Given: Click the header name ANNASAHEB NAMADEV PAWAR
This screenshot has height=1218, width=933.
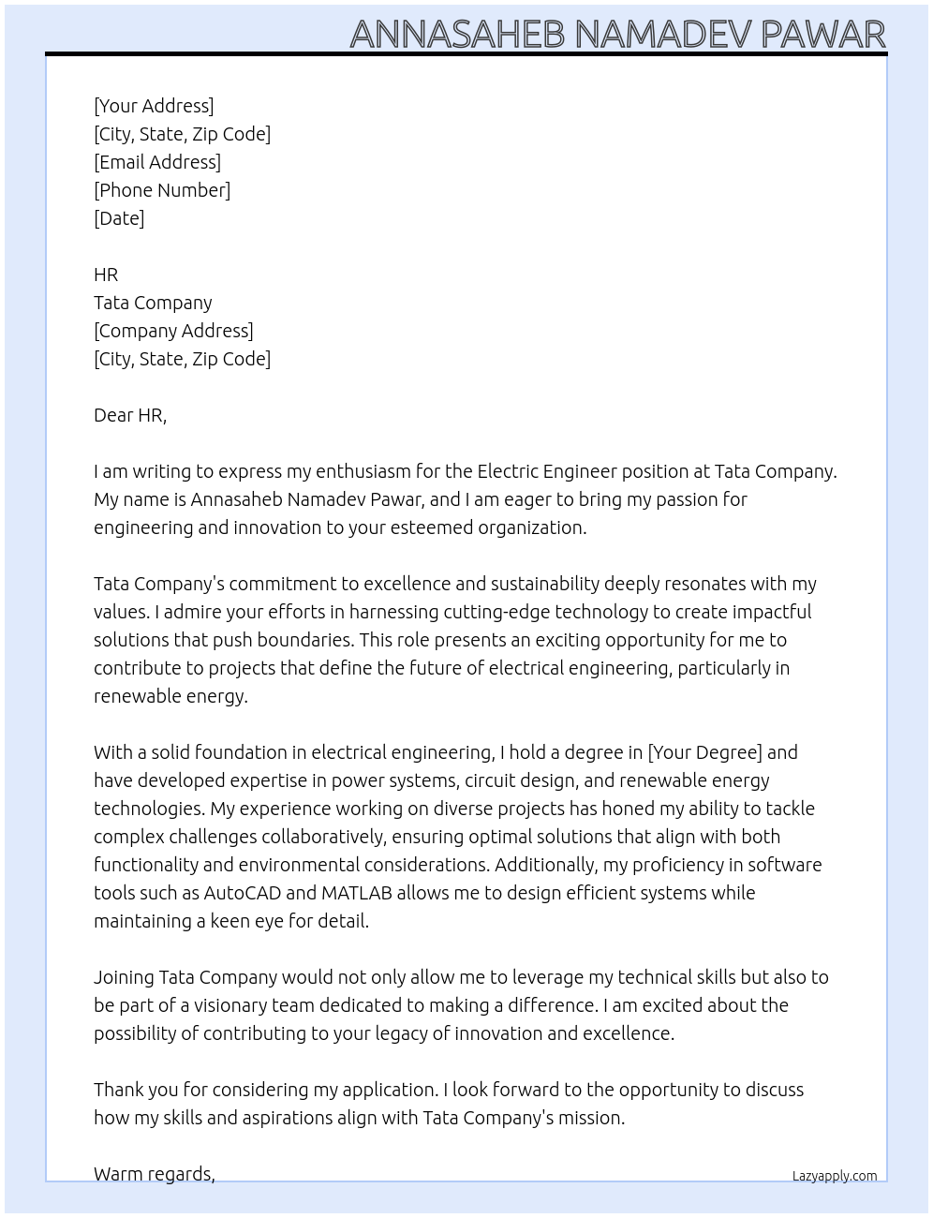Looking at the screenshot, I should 617,34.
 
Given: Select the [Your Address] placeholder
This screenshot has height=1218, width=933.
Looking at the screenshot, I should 154,106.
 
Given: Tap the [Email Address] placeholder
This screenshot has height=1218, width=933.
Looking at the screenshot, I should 157,162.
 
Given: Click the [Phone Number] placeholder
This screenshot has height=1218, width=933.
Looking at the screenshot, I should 162,190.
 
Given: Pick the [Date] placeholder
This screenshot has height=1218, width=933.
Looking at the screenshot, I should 119,218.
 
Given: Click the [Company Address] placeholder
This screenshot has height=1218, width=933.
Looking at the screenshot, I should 173,331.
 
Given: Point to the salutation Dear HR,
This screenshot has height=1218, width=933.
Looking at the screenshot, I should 130,415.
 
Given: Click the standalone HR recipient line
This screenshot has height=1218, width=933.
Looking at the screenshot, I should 106,275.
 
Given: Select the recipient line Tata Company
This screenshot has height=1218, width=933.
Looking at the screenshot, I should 153,303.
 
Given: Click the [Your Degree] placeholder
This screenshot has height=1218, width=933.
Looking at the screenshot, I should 704,752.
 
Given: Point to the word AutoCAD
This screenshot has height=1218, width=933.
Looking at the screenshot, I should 243,893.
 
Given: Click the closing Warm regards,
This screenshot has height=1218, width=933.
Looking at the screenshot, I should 155,1174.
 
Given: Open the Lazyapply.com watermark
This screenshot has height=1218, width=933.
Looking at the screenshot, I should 835,1176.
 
